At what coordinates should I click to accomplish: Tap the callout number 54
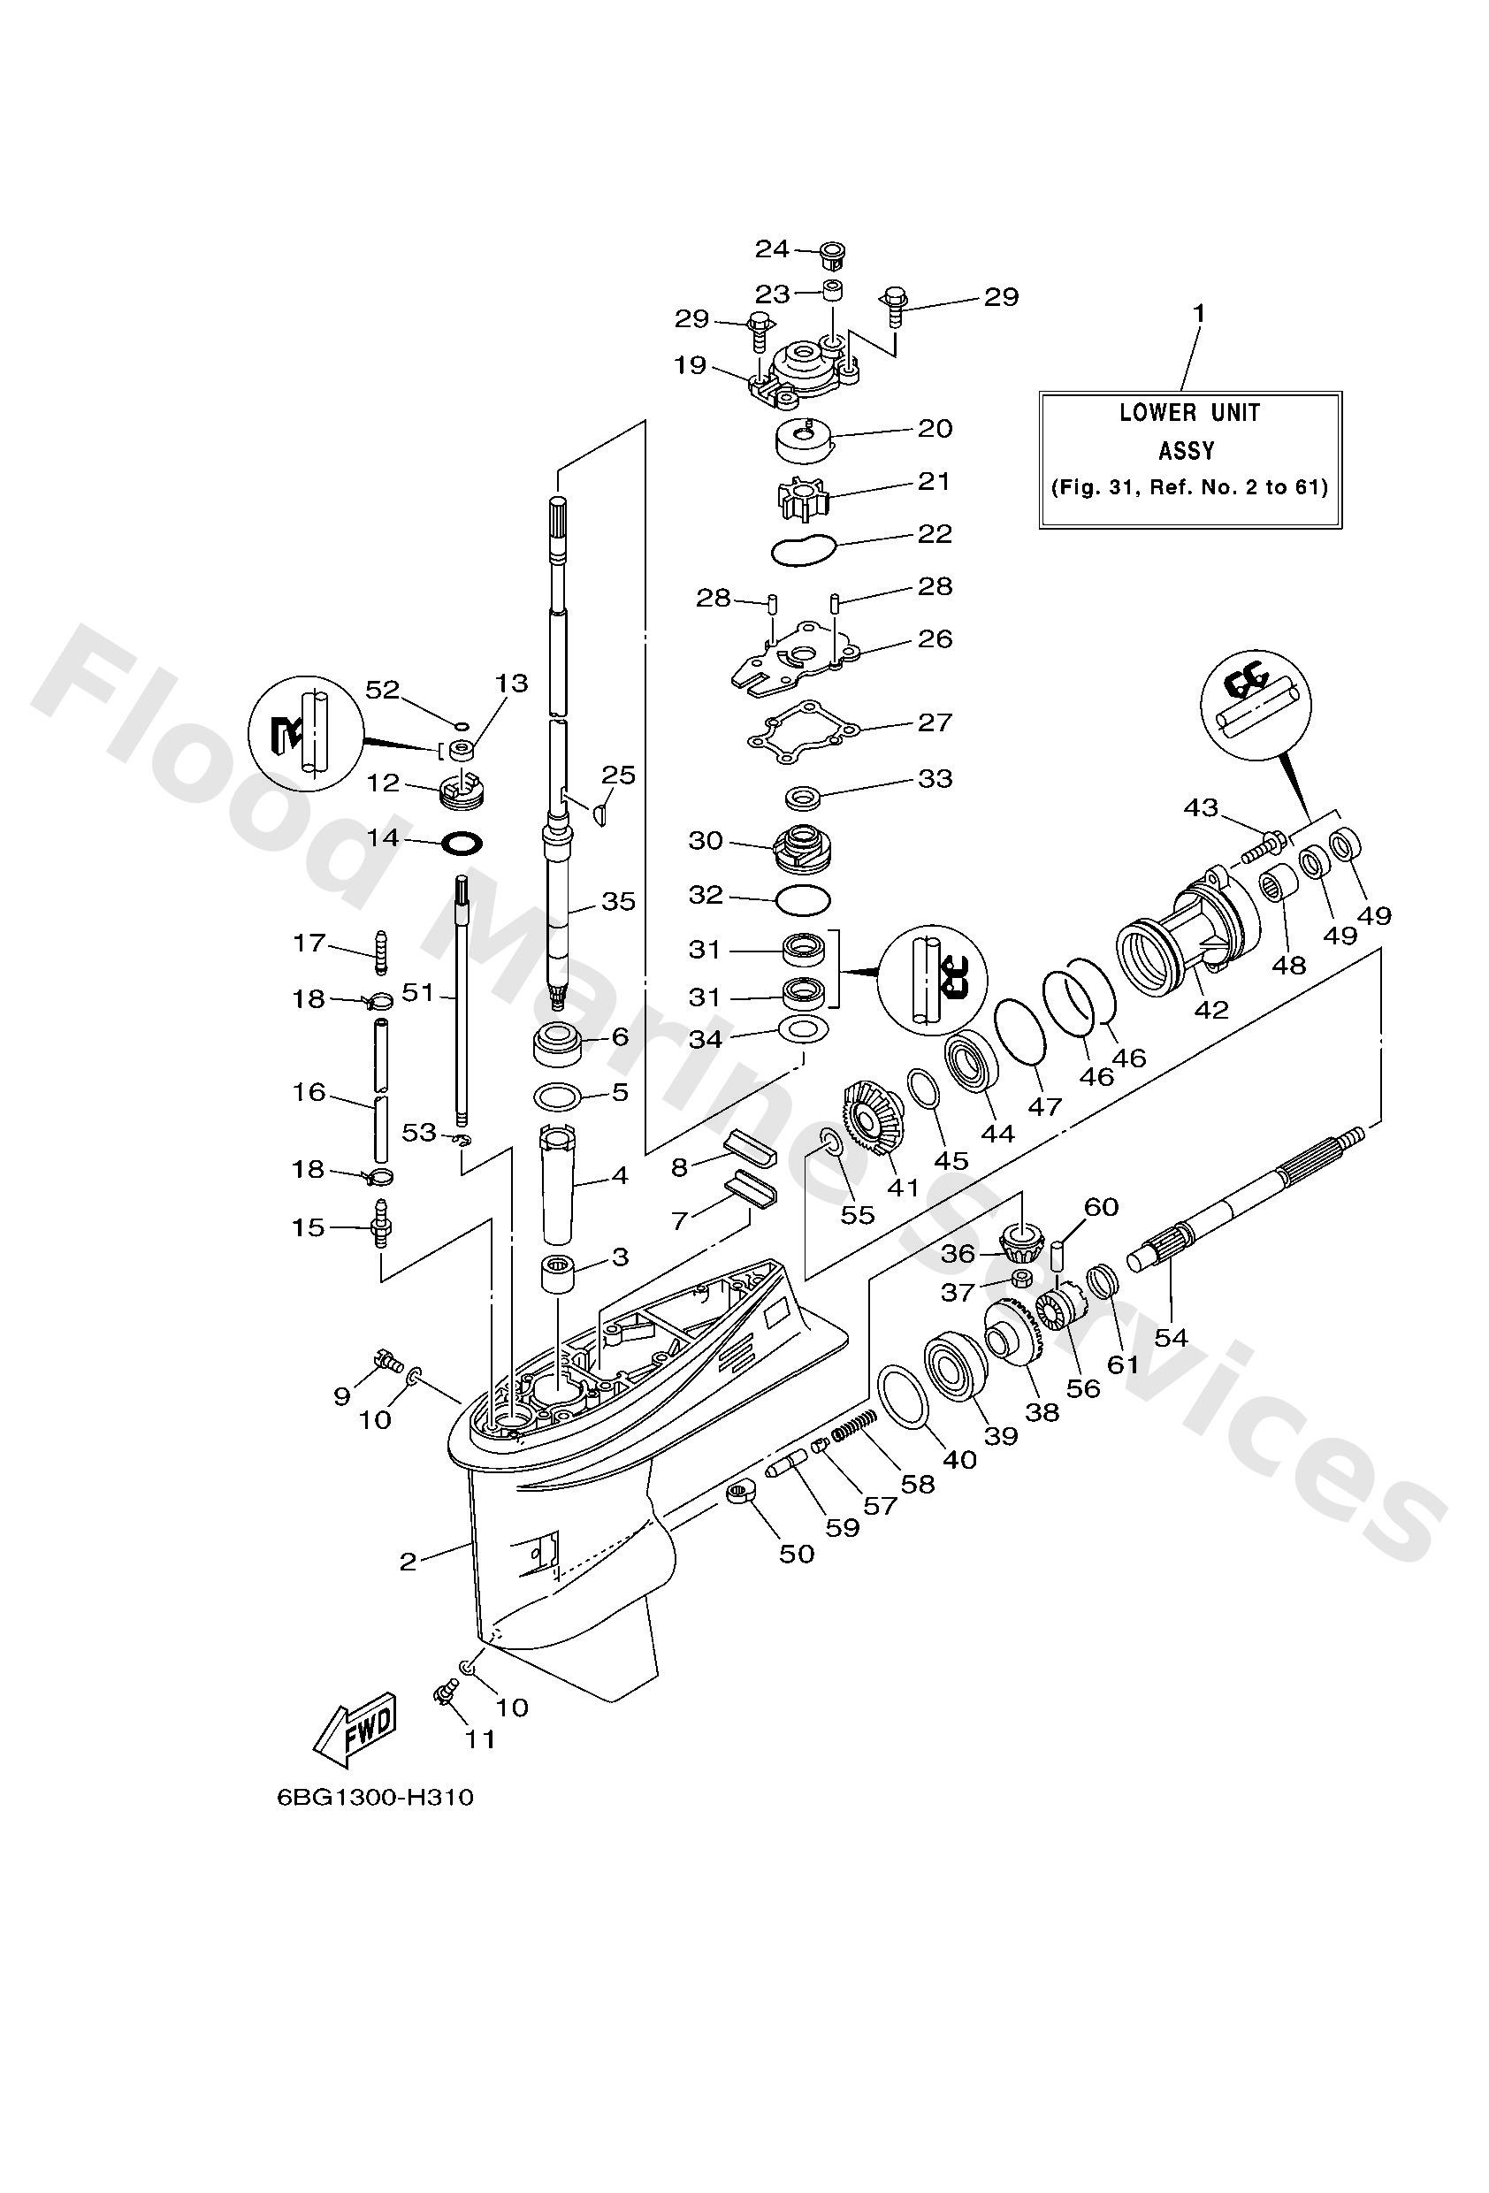click(x=1170, y=1337)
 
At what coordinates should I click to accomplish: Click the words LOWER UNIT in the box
click(x=1189, y=412)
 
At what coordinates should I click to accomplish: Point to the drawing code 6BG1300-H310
click(x=375, y=1824)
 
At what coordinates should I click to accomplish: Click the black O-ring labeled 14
click(x=462, y=840)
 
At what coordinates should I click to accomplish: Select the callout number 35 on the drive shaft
click(x=618, y=901)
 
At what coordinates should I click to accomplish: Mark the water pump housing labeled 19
click(x=802, y=373)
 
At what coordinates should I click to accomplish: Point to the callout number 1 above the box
click(x=1199, y=313)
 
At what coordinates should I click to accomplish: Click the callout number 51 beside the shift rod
click(x=416, y=992)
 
